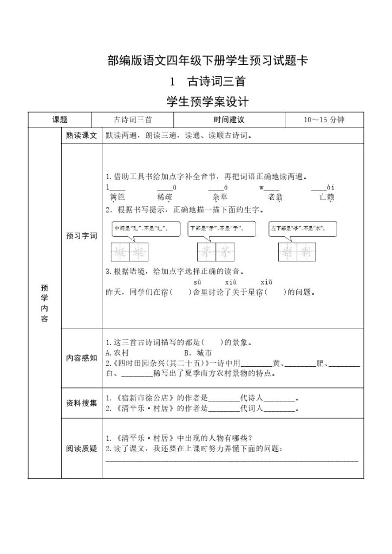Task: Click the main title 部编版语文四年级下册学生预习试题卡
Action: tap(208, 61)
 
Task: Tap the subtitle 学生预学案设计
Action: tap(208, 101)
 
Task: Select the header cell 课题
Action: tap(60, 120)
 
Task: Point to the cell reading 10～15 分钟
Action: tap(324, 120)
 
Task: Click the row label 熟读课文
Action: tap(81, 136)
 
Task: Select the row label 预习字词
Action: tap(81, 236)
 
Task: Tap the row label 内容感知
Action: tap(81, 358)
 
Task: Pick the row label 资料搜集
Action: tap(81, 403)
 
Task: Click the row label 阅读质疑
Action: tap(81, 449)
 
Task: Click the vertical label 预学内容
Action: tap(44, 304)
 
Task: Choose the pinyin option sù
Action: tap(197, 282)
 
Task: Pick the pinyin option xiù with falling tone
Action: tap(230, 282)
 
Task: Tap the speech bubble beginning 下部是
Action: tap(221, 229)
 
